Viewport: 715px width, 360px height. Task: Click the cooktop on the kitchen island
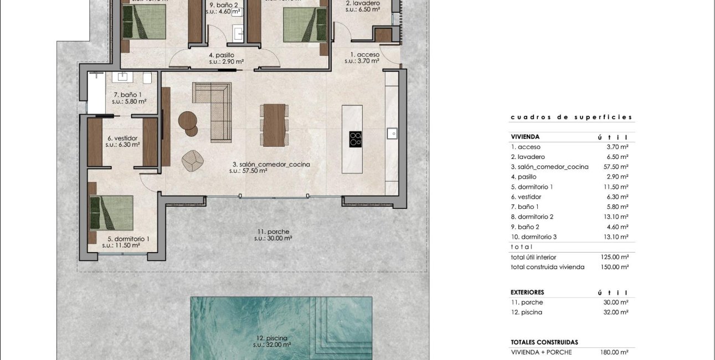pyautogui.click(x=356, y=139)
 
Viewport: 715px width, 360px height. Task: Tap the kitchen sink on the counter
pyautogui.click(x=392, y=133)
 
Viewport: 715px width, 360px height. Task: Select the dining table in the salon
pyautogui.click(x=274, y=125)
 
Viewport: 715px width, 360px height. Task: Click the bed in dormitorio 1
pyautogui.click(x=112, y=213)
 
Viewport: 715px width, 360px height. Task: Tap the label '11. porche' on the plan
pyautogui.click(x=273, y=232)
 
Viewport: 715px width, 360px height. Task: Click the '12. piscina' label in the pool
pyautogui.click(x=272, y=337)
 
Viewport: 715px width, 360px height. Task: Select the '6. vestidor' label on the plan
pyautogui.click(x=122, y=138)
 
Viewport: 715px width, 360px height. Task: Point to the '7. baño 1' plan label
pyautogui.click(x=128, y=95)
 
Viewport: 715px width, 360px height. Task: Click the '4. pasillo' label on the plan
pyautogui.click(x=222, y=55)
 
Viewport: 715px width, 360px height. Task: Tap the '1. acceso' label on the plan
pyautogui.click(x=364, y=54)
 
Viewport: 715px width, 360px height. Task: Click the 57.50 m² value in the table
pyautogui.click(x=617, y=167)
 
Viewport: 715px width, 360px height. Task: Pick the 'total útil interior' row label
pyautogui.click(x=533, y=257)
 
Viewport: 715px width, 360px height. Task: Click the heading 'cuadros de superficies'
pyautogui.click(x=571, y=117)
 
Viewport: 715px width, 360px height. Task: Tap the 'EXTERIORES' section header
pyautogui.click(x=527, y=292)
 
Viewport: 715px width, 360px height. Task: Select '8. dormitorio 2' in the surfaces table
pyautogui.click(x=532, y=217)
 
